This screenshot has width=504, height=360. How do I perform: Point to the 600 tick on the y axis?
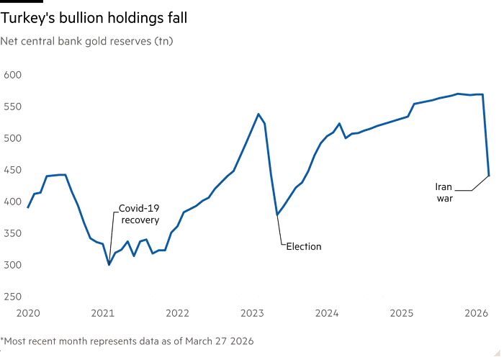(x=14, y=75)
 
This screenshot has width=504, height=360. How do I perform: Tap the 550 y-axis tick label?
(x=14, y=107)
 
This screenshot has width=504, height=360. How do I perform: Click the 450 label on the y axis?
(x=14, y=170)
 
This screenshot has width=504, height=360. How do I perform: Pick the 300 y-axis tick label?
(x=14, y=265)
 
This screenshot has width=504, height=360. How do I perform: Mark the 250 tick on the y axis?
(x=14, y=297)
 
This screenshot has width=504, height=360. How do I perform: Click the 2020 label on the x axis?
(x=28, y=313)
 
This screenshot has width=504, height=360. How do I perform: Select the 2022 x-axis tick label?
(x=177, y=313)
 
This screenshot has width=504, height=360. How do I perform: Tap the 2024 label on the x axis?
(x=327, y=313)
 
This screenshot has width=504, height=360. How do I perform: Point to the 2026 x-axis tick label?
(x=477, y=313)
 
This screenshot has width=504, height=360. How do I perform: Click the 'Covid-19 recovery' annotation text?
(x=139, y=215)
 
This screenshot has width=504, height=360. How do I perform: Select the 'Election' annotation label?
(x=303, y=246)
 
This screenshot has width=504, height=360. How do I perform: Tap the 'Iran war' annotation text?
(x=445, y=192)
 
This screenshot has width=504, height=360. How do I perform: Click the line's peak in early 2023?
(x=258, y=114)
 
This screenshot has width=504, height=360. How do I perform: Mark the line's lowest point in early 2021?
(x=109, y=265)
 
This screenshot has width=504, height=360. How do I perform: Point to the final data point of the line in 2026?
(x=489, y=174)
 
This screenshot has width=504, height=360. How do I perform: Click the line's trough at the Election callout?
(x=277, y=215)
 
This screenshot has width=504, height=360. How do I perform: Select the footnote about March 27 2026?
(x=127, y=341)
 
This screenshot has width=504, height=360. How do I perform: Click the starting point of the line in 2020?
(x=28, y=207)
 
